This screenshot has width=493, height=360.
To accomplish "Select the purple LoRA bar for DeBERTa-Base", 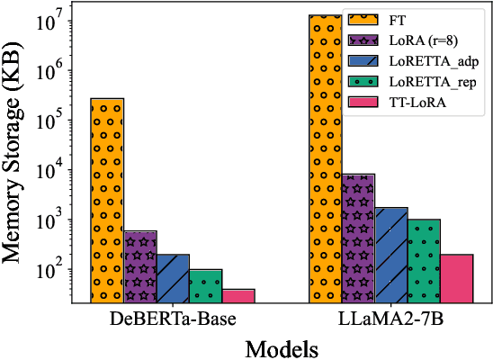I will pos(139,266).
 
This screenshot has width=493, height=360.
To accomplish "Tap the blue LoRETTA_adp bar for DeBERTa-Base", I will pos(173,278).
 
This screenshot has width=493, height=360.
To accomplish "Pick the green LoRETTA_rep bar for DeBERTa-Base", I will pos(205,285).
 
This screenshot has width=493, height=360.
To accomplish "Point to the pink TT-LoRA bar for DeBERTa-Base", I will pos(238,295).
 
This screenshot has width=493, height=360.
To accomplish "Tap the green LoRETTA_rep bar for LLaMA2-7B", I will pos(424,260).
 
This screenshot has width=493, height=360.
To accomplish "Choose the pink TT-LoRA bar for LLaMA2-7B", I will pos(456,278).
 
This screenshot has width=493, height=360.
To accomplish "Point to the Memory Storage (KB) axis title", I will pos(17,153).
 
